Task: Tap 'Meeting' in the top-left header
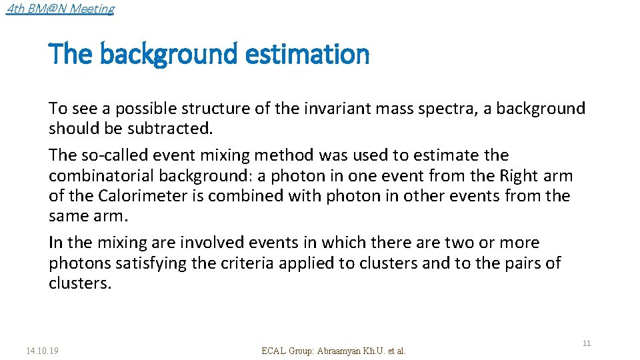pos(92,9)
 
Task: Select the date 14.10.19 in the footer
pos(42,350)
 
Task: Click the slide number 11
pos(587,343)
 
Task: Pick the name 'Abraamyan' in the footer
pos(342,351)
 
